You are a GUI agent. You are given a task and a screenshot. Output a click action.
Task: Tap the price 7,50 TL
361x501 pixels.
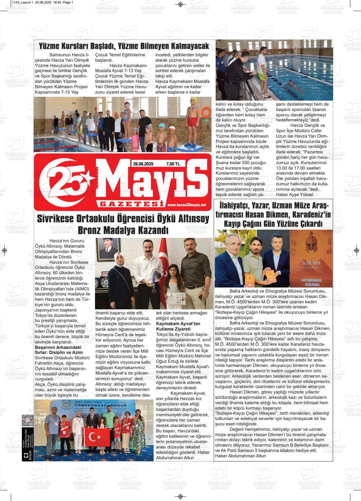tap(173, 164)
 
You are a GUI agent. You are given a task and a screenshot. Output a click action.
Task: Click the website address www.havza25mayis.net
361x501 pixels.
tap(187, 205)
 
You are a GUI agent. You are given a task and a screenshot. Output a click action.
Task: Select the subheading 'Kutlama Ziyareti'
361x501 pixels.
tap(173, 329)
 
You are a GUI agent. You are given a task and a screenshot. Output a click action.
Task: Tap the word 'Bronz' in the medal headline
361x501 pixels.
tap(92, 230)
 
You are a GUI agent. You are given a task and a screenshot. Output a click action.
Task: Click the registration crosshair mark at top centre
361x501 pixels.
tap(180, 4)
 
